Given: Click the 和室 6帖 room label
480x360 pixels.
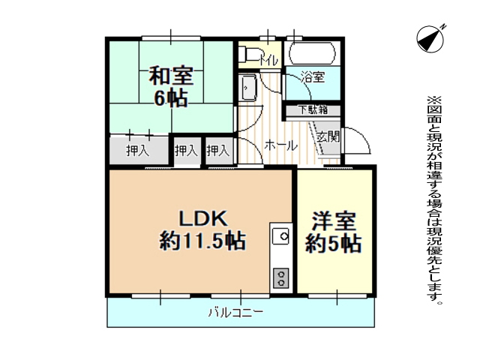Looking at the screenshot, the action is coord(171,87).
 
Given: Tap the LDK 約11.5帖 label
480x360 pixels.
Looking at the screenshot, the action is coord(202,229).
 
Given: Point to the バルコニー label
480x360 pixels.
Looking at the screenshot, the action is coord(235,313).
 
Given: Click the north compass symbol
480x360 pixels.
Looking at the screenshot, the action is coord(430,38).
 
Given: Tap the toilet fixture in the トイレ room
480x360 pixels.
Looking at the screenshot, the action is coord(247,54).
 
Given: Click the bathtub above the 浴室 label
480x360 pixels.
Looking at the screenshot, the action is coord(312,53).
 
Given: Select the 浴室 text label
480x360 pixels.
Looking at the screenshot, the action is coord(313,76).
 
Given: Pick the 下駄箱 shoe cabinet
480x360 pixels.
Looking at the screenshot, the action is coord(313,110).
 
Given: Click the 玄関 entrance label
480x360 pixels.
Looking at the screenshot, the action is coord(328,136).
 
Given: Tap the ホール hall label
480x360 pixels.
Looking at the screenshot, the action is coord(280,145).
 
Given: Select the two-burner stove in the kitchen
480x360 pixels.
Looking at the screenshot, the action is coord(280,278).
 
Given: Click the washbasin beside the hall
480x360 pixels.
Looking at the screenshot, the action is coord(248,88).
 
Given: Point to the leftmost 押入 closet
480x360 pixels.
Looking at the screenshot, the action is coord(138,151).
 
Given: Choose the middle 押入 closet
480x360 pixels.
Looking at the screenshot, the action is coord(186,151).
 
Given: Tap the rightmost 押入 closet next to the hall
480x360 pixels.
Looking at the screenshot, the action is coord(218,151).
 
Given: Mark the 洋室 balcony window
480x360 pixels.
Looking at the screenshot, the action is coord(337,296).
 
